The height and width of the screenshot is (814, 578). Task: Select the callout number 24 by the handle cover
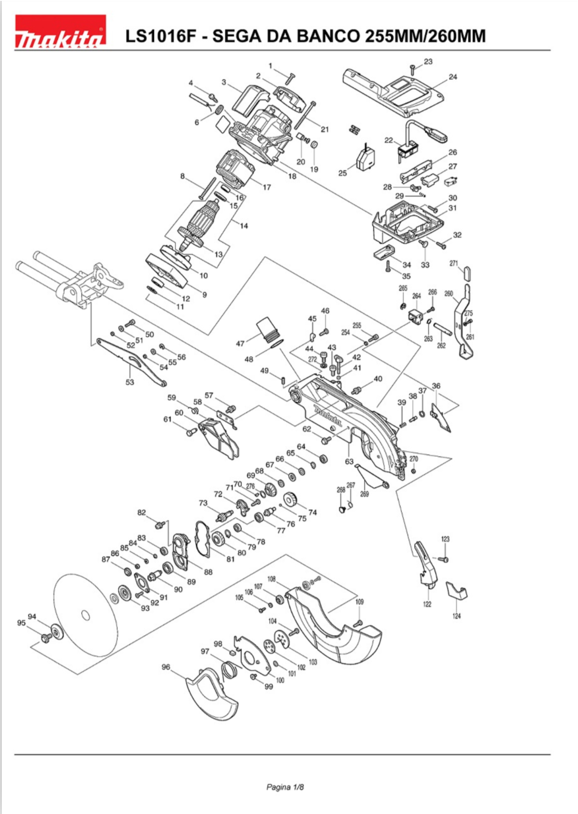click(453, 77)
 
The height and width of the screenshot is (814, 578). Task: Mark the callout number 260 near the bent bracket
click(449, 294)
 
